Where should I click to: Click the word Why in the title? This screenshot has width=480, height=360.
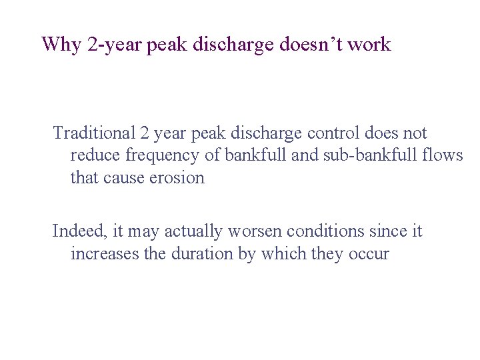pyautogui.click(x=61, y=45)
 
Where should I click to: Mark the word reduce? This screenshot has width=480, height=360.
pyautogui.click(x=94, y=156)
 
